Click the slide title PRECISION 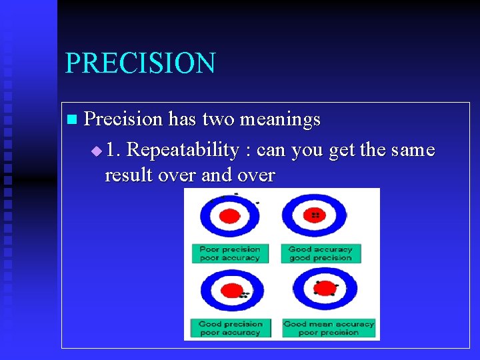tap(140, 63)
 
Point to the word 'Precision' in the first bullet tap(123, 119)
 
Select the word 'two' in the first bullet tap(217, 119)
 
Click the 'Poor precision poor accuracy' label tap(230, 253)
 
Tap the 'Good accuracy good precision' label tap(320, 253)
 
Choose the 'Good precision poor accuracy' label tap(230, 328)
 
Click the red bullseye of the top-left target tap(229, 216)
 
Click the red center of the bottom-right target tap(325, 289)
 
